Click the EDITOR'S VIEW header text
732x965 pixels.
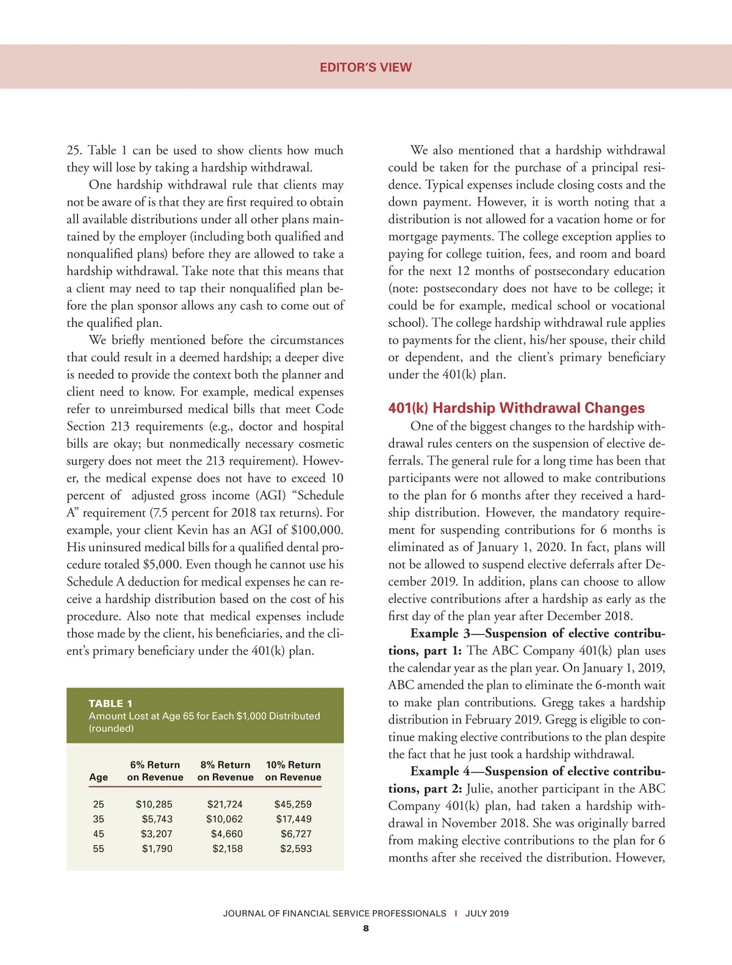[365, 67]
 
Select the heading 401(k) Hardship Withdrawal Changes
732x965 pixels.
[516, 408]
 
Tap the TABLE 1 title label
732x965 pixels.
[110, 703]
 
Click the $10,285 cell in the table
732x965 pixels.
[154, 804]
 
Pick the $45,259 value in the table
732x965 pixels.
[293, 804]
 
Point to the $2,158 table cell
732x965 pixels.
[227, 848]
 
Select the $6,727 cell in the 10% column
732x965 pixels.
[296, 834]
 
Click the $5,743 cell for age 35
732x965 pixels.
[157, 819]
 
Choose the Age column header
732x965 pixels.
[98, 777]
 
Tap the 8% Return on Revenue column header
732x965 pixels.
[225, 771]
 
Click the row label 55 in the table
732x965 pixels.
[98, 848]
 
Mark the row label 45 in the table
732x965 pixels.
[98, 834]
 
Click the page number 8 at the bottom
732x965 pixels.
[365, 928]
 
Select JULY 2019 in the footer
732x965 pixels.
[487, 913]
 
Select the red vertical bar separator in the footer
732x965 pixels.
[456, 913]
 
